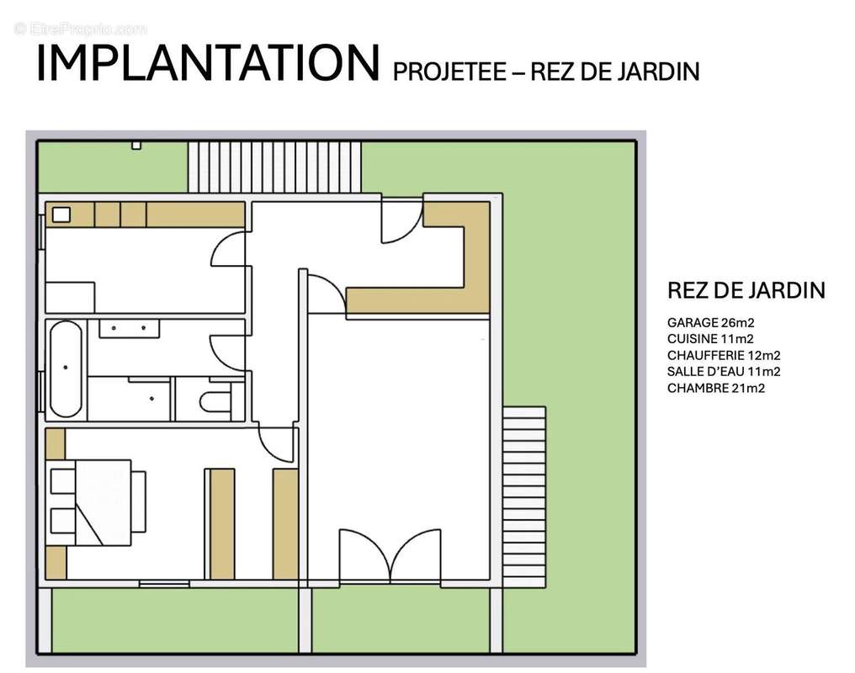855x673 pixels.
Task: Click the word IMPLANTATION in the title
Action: (206, 64)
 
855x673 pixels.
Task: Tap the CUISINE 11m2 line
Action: (704, 338)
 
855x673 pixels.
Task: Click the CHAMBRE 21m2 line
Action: (715, 388)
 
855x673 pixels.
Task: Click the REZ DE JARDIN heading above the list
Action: (746, 291)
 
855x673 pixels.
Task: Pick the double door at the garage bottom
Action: (389, 555)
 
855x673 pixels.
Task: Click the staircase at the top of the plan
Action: (274, 167)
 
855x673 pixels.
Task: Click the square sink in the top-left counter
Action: (61, 215)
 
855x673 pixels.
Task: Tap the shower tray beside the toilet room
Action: (130, 398)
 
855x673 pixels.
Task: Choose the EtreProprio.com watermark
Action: (81, 29)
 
